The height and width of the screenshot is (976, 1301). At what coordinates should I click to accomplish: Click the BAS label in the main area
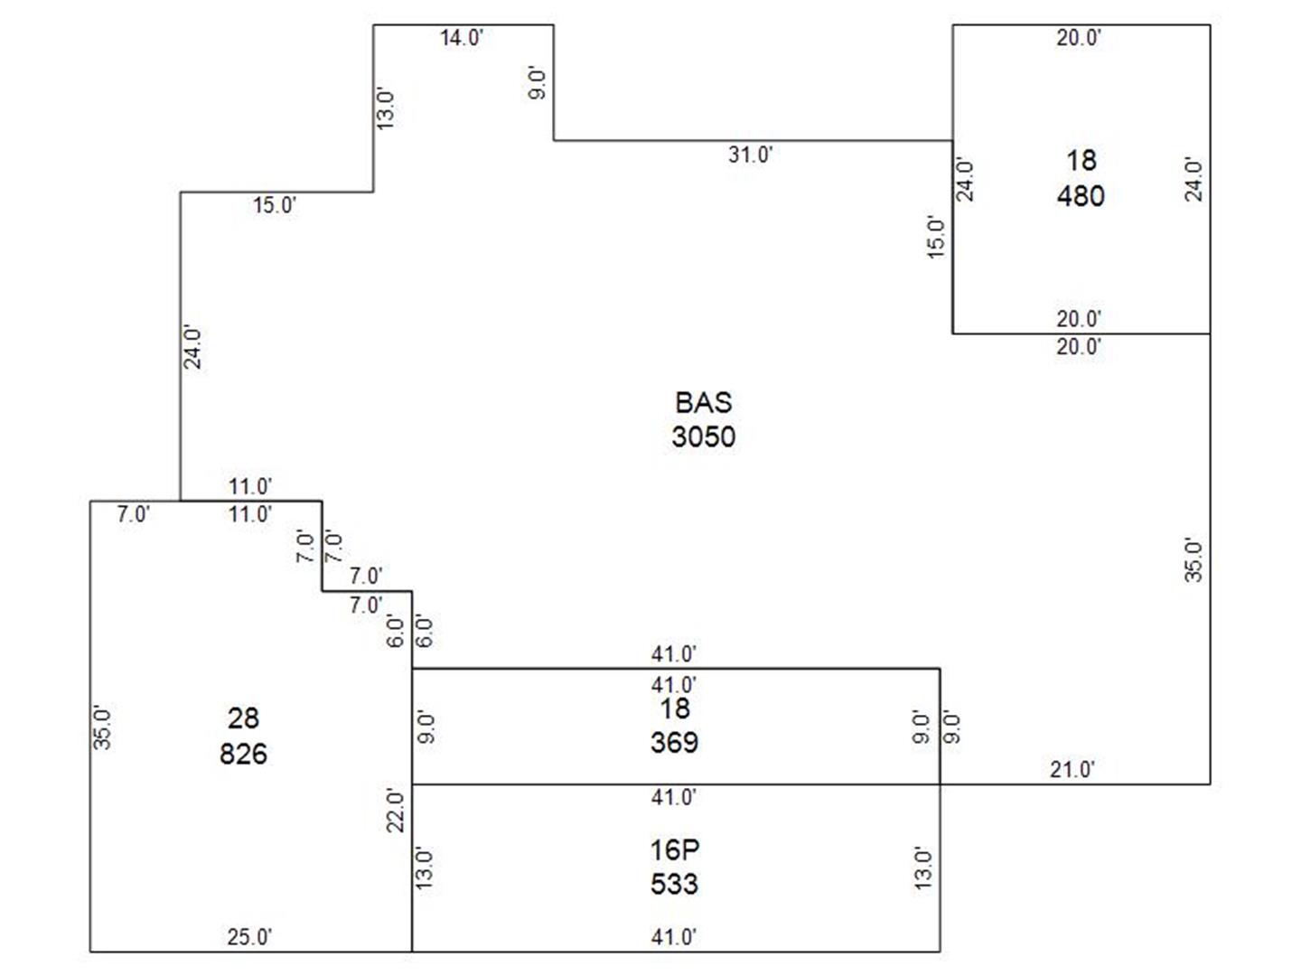(x=703, y=403)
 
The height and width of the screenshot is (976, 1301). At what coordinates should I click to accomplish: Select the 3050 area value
(x=703, y=437)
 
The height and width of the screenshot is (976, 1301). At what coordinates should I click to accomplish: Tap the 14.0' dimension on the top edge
(x=462, y=38)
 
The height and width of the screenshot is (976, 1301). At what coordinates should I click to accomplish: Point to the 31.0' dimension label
(x=751, y=155)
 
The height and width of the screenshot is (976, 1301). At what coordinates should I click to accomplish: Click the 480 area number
(x=1081, y=196)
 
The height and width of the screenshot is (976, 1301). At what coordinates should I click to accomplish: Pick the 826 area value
(x=243, y=755)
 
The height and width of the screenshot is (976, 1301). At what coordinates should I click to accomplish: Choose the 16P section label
(x=674, y=849)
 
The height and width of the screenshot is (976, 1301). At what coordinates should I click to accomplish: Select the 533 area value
(x=674, y=884)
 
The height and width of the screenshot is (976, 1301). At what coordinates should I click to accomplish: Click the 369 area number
(x=674, y=743)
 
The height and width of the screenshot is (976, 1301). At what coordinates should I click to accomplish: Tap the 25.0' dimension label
(x=249, y=937)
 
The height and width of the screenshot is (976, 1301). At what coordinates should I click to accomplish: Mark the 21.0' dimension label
(x=1072, y=770)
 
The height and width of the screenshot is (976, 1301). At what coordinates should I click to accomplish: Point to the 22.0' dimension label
(x=396, y=810)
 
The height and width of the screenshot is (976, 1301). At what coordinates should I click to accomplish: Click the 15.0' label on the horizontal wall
(x=275, y=206)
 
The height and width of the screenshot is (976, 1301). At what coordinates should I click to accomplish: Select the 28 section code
(x=243, y=718)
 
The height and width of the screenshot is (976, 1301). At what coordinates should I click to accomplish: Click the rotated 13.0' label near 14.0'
(x=385, y=109)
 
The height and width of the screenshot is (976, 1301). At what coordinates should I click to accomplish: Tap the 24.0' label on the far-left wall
(x=192, y=347)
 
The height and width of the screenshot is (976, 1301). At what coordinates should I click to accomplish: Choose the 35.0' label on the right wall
(x=1193, y=560)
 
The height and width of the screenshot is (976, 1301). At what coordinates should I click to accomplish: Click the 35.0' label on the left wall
(x=102, y=727)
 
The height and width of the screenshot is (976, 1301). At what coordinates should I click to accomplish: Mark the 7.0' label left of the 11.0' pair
(x=133, y=514)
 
